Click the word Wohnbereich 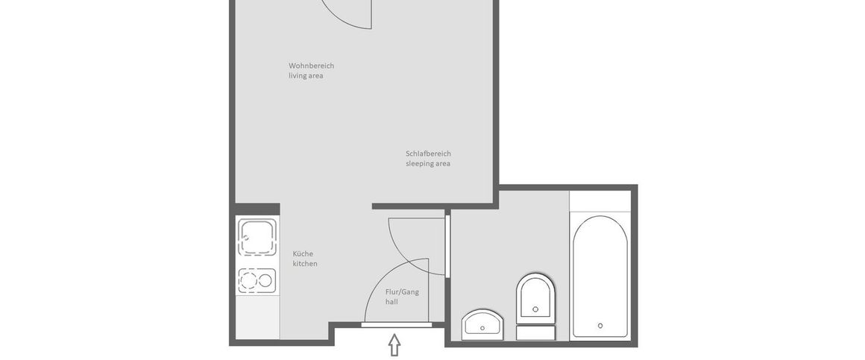[x=311, y=66]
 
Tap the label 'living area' [x=306, y=76]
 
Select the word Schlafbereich [x=428, y=154]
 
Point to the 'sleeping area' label [x=427, y=164]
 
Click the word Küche [x=303, y=253]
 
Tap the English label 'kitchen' [x=305, y=264]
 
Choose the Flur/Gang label [x=402, y=291]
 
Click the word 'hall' [x=391, y=302]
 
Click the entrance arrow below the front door [x=394, y=345]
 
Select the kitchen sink [x=257, y=237]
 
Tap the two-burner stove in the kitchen [x=257, y=280]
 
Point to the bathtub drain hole [x=600, y=326]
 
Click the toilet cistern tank [x=535, y=332]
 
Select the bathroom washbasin [x=483, y=324]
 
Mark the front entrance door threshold [x=396, y=324]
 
